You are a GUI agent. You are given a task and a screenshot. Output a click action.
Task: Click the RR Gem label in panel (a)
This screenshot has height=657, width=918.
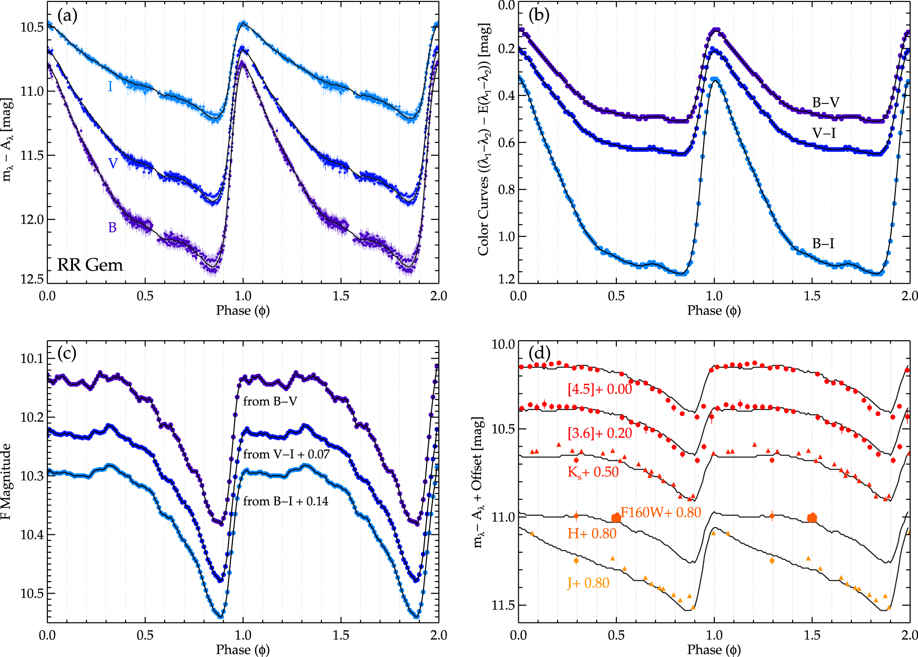[x=90, y=265]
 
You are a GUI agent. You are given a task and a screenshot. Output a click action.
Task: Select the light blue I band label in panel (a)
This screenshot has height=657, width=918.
[x=110, y=86]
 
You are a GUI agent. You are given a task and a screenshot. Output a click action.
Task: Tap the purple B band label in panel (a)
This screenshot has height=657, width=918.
[x=112, y=227]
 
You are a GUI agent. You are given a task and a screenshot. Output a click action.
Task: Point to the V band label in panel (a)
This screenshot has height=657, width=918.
[x=113, y=163]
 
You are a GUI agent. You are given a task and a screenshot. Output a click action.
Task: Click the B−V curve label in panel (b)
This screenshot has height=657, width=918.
[x=825, y=102]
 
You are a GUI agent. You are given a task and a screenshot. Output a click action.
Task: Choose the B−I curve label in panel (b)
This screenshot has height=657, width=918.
[x=823, y=243]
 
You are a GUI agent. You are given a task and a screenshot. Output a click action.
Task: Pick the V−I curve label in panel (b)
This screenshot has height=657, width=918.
[x=824, y=133]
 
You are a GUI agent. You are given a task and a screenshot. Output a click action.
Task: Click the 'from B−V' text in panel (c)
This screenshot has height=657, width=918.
[x=270, y=401]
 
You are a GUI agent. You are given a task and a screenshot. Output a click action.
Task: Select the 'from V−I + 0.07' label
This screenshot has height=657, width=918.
[x=286, y=454]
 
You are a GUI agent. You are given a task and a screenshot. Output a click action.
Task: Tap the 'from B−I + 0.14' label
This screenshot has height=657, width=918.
[x=285, y=501]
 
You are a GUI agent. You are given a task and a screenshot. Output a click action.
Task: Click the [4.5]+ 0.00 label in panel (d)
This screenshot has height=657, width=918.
[x=599, y=389]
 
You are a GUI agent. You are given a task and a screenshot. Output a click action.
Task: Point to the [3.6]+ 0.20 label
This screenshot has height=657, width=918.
[x=599, y=433]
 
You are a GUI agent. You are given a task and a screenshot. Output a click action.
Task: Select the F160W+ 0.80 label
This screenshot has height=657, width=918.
[x=661, y=512]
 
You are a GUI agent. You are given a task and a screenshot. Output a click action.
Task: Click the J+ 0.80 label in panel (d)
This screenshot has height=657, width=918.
[x=588, y=583]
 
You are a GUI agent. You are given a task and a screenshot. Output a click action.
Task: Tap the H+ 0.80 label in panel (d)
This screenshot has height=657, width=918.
[x=592, y=533]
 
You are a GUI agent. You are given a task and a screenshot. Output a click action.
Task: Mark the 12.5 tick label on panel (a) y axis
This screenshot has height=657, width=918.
[x=32, y=279]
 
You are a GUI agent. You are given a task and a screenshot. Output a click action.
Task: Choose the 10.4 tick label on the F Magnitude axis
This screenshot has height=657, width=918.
[x=32, y=534]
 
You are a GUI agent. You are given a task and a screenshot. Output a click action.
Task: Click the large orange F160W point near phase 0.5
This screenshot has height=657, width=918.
[x=616, y=518]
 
